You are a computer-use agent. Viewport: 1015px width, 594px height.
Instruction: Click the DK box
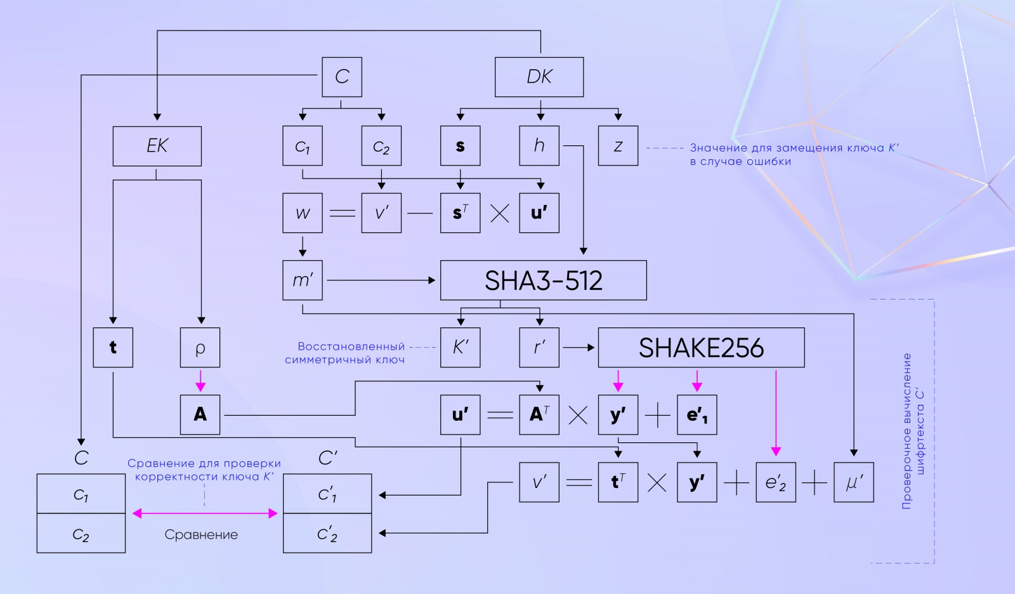tap(539, 77)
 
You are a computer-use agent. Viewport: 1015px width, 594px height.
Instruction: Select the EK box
tap(157, 146)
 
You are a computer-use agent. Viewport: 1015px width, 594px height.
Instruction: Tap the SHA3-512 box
tap(543, 280)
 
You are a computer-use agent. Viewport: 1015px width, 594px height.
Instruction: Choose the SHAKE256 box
tap(702, 347)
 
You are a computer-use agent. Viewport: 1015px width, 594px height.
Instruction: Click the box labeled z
tap(618, 146)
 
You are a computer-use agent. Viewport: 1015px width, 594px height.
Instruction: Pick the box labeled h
tap(539, 146)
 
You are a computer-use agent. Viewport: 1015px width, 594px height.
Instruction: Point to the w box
tap(303, 213)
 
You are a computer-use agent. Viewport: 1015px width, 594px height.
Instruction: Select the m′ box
tap(303, 280)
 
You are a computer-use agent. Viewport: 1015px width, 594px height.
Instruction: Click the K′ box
tap(461, 347)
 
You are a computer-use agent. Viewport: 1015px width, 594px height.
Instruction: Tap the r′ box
tap(539, 347)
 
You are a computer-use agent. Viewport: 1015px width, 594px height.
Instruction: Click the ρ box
tap(200, 347)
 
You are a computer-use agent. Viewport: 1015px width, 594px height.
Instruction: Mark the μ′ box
tap(854, 482)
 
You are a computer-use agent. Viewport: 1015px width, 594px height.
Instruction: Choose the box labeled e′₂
tap(776, 482)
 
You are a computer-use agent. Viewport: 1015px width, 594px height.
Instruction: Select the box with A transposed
tap(539, 414)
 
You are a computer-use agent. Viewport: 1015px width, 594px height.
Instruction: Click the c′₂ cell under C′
tap(327, 533)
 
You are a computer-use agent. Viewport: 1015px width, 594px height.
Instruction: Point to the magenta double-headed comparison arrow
tap(205, 513)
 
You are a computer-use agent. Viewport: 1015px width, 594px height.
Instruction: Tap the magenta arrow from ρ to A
tap(200, 381)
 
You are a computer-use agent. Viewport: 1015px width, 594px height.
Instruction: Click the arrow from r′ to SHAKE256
tap(579, 348)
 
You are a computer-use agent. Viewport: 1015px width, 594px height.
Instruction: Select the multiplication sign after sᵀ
tap(500, 213)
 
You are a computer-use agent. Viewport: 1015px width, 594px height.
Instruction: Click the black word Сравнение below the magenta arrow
tap(201, 534)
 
